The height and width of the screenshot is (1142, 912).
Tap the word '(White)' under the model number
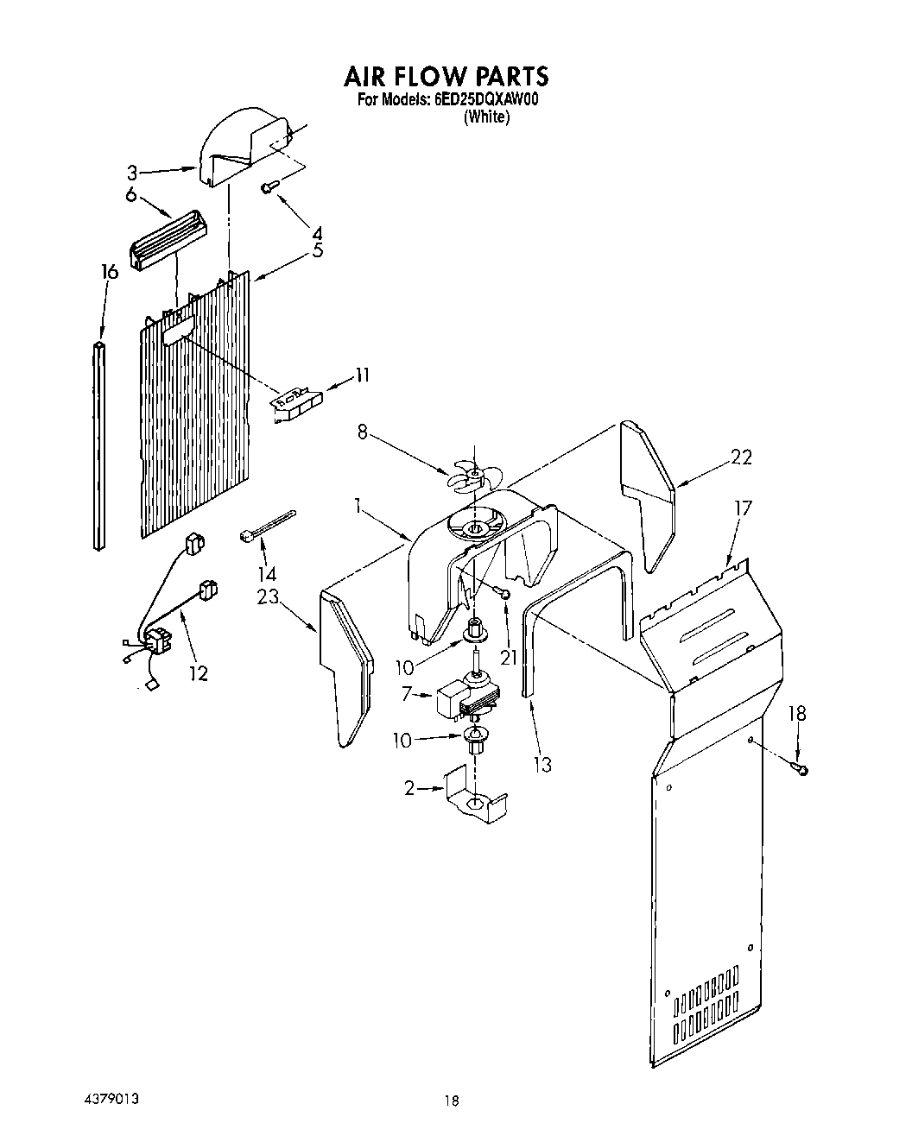coord(486,117)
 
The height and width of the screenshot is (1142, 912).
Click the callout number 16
coord(109,273)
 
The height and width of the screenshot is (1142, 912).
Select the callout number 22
coord(740,457)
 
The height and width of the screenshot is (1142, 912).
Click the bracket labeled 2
coord(474,798)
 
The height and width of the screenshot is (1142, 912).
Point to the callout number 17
coord(742,508)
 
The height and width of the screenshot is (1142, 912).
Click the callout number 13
coord(542,764)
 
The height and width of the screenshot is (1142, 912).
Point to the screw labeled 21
coord(503,592)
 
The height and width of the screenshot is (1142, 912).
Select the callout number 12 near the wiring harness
coord(199,673)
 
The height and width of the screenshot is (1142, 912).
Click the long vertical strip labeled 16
coord(99,445)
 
